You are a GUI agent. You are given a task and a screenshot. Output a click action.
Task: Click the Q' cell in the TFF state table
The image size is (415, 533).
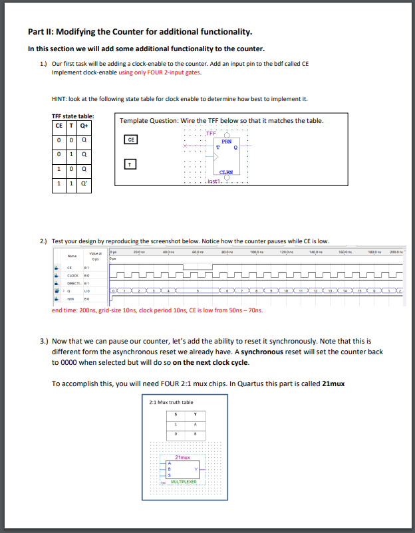pyautogui.click(x=84, y=182)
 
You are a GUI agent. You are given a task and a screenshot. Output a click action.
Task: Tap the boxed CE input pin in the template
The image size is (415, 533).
pyautogui.click(x=131, y=140)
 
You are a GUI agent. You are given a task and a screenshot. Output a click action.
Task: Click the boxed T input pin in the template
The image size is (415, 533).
pyautogui.click(x=131, y=163)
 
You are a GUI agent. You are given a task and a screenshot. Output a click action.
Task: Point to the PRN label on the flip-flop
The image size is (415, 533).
pyautogui.click(x=226, y=141)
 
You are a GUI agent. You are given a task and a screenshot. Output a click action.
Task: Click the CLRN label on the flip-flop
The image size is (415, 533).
pyautogui.click(x=225, y=172)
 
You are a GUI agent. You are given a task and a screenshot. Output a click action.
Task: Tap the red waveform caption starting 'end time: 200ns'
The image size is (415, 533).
pyautogui.click(x=157, y=310)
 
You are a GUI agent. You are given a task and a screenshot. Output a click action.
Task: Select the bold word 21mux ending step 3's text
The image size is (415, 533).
pyautogui.click(x=333, y=384)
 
